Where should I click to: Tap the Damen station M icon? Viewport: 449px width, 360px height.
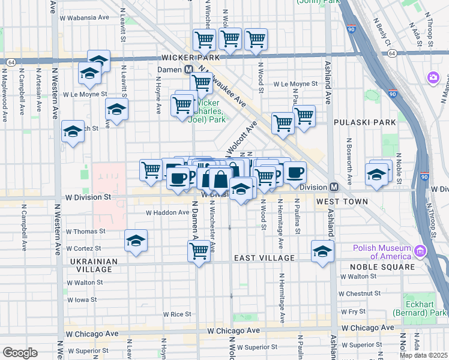[x=188, y=70]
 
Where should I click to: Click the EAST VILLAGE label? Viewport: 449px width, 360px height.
[x=264, y=258]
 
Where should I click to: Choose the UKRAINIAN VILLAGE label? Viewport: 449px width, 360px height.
[x=91, y=265]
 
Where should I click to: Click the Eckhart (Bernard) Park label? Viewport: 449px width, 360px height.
[x=420, y=308]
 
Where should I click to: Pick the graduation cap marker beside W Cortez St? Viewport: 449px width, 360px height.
[x=136, y=241]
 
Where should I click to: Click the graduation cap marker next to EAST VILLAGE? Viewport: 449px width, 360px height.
[x=322, y=251]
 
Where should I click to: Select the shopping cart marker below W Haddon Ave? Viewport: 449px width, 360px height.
[x=199, y=250]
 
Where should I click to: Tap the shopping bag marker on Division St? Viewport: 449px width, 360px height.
[x=221, y=179]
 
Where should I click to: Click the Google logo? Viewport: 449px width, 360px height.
[x=20, y=353]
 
